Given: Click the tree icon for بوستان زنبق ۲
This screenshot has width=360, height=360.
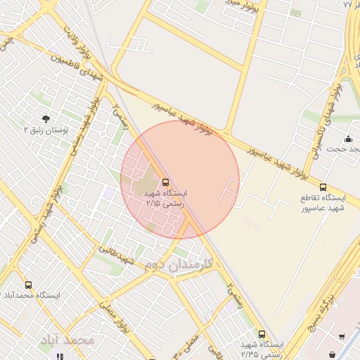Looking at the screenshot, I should [46, 118].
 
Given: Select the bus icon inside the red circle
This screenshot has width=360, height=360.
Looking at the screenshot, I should [165, 181].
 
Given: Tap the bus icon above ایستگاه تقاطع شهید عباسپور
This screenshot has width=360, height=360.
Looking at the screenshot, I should [323, 187].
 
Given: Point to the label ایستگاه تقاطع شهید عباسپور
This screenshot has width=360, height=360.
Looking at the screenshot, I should [323, 202].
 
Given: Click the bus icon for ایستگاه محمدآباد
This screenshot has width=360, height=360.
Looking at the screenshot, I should [28, 285].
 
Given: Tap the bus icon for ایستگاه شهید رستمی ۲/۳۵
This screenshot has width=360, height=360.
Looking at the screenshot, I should [262, 334].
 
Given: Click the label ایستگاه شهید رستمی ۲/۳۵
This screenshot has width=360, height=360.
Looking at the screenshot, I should [262, 349].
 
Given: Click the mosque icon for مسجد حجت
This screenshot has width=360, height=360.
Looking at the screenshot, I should [349, 138].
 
